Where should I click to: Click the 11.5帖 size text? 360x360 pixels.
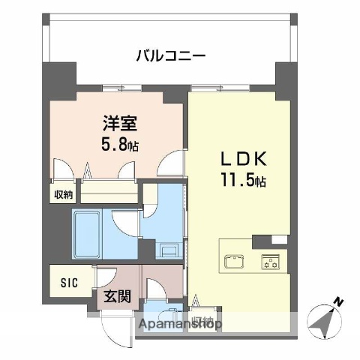pyautogui.click(x=241, y=181)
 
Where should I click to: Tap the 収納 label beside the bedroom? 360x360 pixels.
pyautogui.click(x=63, y=195)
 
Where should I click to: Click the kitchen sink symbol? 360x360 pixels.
pyautogui.click(x=232, y=262)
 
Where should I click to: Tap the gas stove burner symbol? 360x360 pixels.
pyautogui.click(x=269, y=262)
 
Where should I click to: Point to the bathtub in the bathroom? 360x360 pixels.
pyautogui.click(x=90, y=226)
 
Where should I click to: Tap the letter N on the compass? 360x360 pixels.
pyautogui.click(x=339, y=302)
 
